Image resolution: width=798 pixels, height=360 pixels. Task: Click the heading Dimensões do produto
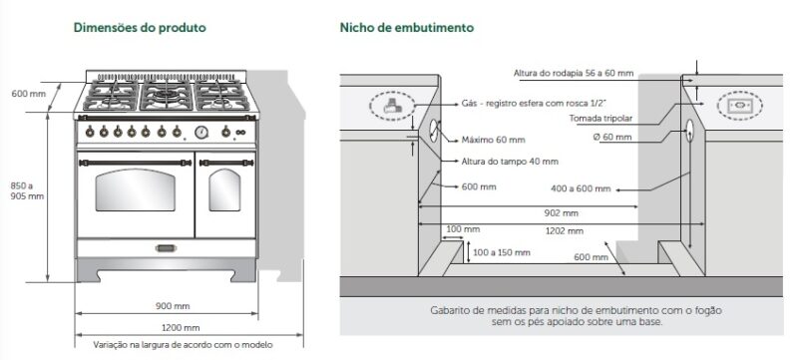[140, 28]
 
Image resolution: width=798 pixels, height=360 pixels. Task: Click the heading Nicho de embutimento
[406, 28]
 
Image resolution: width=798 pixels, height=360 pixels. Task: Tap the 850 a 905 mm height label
[23, 190]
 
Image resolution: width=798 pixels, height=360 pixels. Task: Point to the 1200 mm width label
[180, 327]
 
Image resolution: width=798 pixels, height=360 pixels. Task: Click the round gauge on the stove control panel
[201, 132]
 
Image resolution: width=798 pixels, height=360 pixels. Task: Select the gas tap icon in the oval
[390, 104]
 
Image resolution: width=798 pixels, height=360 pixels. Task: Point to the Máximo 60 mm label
[493, 140]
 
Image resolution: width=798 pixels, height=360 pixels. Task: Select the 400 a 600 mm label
[582, 188]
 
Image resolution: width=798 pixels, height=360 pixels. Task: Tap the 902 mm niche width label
[563, 213]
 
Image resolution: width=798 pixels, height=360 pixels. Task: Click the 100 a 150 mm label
[501, 252]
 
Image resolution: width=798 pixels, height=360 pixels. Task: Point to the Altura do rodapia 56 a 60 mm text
[574, 73]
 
